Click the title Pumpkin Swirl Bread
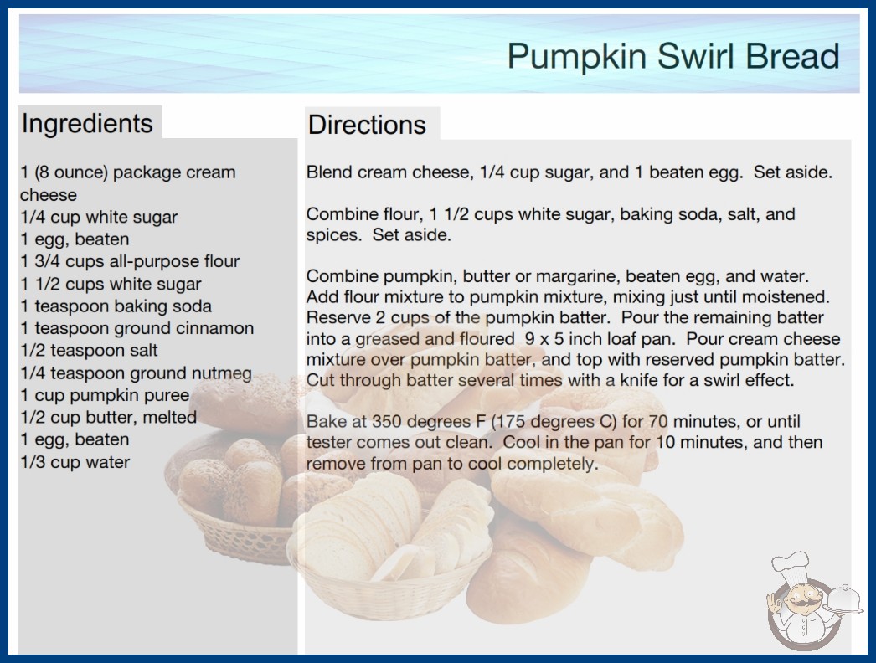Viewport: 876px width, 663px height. tap(673, 56)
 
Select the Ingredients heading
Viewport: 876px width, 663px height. tap(87, 123)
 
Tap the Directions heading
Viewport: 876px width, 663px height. tap(367, 125)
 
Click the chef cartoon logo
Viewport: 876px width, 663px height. tap(814, 601)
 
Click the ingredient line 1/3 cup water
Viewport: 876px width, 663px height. tap(75, 462)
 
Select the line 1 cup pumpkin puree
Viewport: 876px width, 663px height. tap(105, 395)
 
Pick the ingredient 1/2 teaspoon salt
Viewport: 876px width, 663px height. tap(89, 350)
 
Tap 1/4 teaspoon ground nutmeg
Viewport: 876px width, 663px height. tap(137, 373)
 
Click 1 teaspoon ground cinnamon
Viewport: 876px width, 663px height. tap(137, 328)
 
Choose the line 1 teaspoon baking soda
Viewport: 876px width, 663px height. tap(116, 306)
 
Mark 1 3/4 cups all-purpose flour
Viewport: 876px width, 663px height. tap(130, 261)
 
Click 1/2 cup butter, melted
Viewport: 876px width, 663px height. tap(108, 417)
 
